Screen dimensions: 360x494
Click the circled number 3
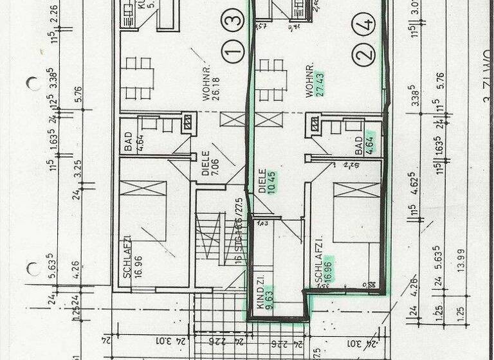coord(234,19)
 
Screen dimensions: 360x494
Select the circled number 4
coord(365,26)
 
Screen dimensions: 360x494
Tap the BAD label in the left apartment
coord(129,139)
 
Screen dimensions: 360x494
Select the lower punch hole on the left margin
coord(32,269)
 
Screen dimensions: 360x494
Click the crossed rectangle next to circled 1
coord(233,119)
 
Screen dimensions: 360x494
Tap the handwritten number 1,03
coord(262,224)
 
